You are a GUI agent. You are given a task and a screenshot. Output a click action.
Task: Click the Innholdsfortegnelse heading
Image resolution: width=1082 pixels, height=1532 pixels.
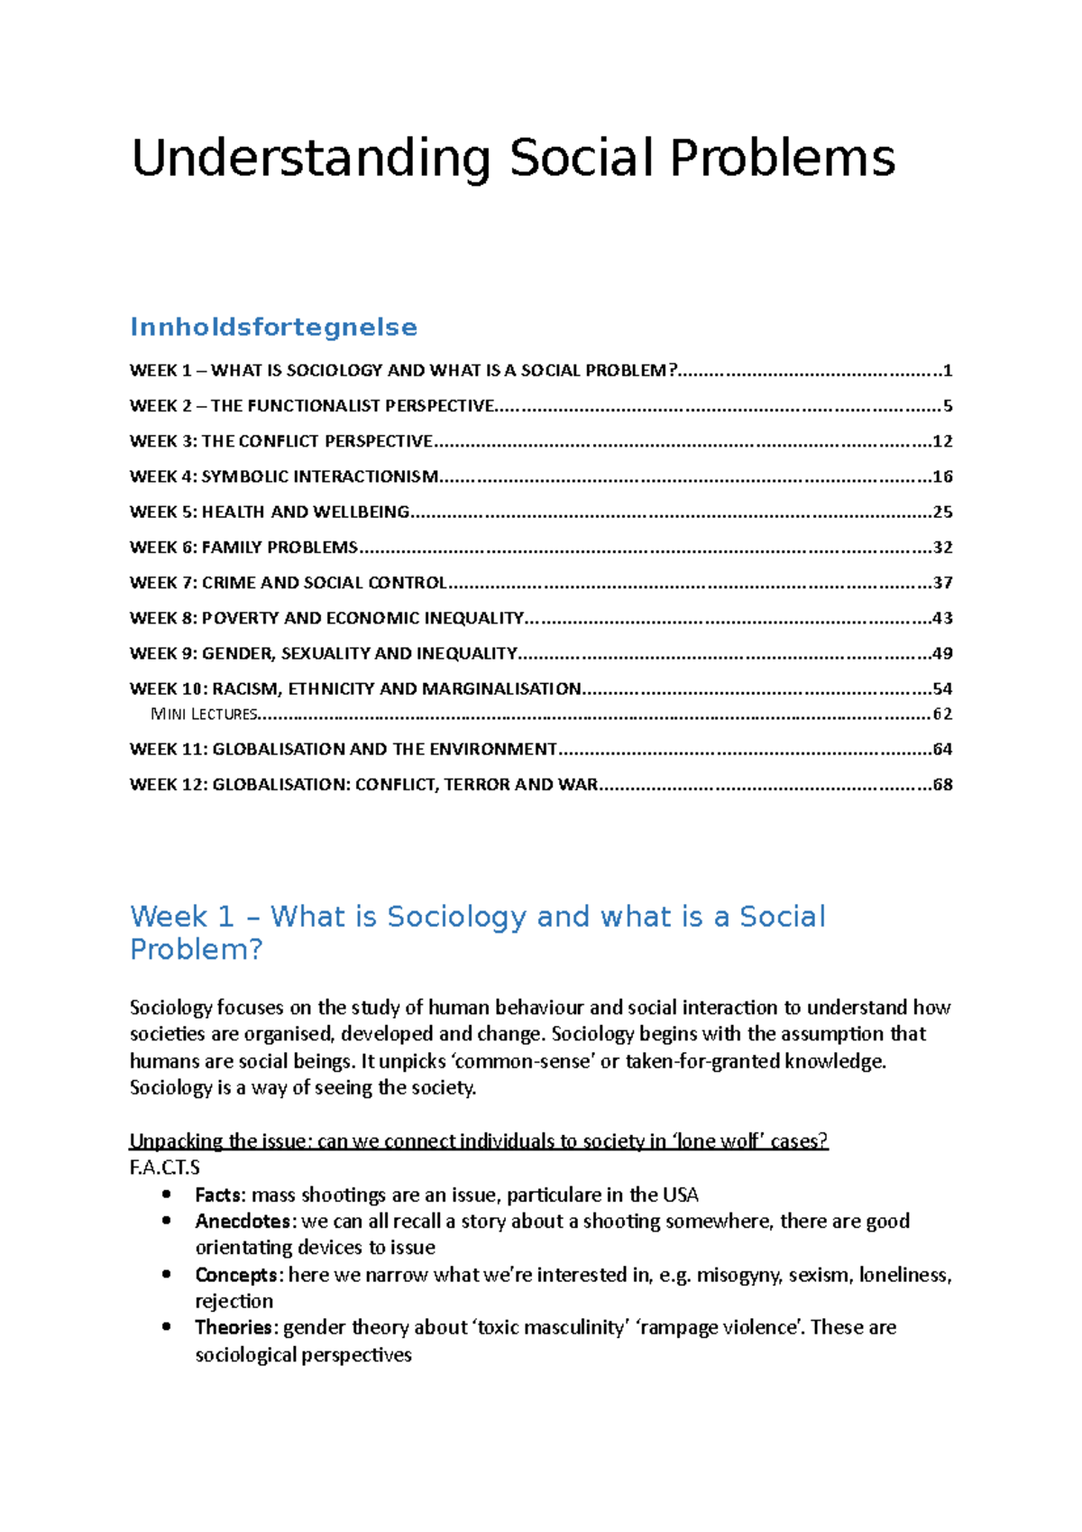pos(273,327)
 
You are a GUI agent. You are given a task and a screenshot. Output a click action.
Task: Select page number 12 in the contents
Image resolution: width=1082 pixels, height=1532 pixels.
pos(942,441)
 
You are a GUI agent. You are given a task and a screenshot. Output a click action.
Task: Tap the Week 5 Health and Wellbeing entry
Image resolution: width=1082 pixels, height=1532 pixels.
pos(270,512)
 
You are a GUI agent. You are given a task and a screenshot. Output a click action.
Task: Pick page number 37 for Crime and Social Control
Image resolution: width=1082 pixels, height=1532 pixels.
pos(942,583)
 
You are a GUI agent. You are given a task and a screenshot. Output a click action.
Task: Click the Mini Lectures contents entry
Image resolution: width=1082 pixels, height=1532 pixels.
pos(205,714)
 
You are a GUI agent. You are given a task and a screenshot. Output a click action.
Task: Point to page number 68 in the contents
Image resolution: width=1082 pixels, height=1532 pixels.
pos(942,784)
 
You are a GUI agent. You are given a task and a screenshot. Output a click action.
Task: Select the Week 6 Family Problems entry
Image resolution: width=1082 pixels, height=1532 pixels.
pos(243,547)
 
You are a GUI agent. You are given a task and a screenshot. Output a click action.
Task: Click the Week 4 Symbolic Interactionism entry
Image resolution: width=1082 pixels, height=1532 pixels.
pos(284,476)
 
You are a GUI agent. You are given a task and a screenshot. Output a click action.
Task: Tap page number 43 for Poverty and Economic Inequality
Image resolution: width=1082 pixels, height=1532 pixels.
pos(942,618)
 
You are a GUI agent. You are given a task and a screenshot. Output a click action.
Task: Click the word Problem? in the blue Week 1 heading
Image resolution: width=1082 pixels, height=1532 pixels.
pos(196,949)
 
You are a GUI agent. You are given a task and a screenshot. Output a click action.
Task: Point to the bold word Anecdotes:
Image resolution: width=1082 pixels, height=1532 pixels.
pos(244,1221)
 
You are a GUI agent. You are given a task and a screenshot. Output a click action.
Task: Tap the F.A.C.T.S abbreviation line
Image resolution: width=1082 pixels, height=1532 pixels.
pos(165,1167)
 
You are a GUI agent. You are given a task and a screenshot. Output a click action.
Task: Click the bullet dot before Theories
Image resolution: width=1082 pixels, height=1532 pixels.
pos(166,1327)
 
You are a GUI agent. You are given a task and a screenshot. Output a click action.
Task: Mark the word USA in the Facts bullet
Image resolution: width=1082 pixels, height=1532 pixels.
pos(681,1195)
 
